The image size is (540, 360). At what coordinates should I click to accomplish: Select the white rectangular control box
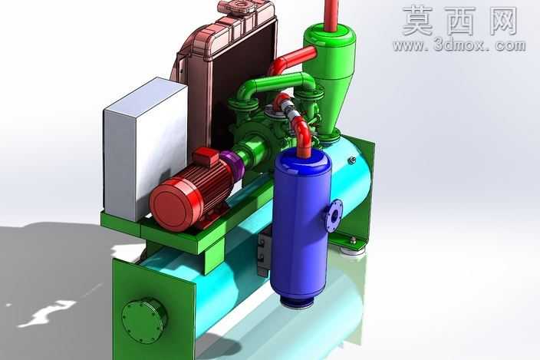[145, 149]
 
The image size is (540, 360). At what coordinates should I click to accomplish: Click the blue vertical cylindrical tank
[301, 225]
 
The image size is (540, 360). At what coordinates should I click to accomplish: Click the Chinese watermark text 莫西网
[459, 21]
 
